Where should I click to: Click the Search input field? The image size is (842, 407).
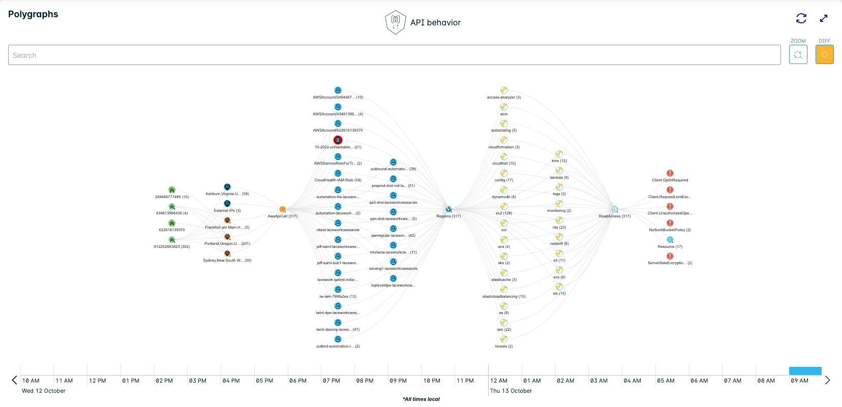click(x=394, y=55)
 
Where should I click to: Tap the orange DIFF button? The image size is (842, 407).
click(x=824, y=54)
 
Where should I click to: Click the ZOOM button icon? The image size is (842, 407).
click(x=798, y=54)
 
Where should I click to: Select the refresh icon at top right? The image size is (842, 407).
click(x=801, y=18)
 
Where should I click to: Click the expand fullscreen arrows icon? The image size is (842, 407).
click(x=824, y=18)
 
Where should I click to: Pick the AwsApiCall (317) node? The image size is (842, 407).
click(x=283, y=209)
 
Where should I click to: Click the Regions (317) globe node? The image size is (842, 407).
click(x=448, y=209)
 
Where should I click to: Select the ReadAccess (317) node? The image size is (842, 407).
click(x=615, y=209)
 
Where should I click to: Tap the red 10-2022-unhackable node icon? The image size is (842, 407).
click(x=338, y=140)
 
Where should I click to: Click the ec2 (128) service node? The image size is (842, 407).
click(x=504, y=206)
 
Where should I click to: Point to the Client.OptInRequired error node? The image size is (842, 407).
click(x=670, y=173)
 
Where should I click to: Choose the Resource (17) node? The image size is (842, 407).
click(x=670, y=240)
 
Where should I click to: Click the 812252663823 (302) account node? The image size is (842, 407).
click(x=172, y=240)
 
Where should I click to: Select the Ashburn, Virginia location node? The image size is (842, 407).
click(x=227, y=187)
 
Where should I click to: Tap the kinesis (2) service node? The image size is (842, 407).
click(x=504, y=339)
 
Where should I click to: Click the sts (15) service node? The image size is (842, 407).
click(x=559, y=287)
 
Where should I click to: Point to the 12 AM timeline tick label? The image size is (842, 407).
click(x=499, y=381)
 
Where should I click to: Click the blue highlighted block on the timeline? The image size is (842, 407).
click(x=805, y=371)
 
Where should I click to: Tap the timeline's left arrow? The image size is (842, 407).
click(x=14, y=380)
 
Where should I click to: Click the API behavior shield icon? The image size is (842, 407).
click(x=395, y=22)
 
